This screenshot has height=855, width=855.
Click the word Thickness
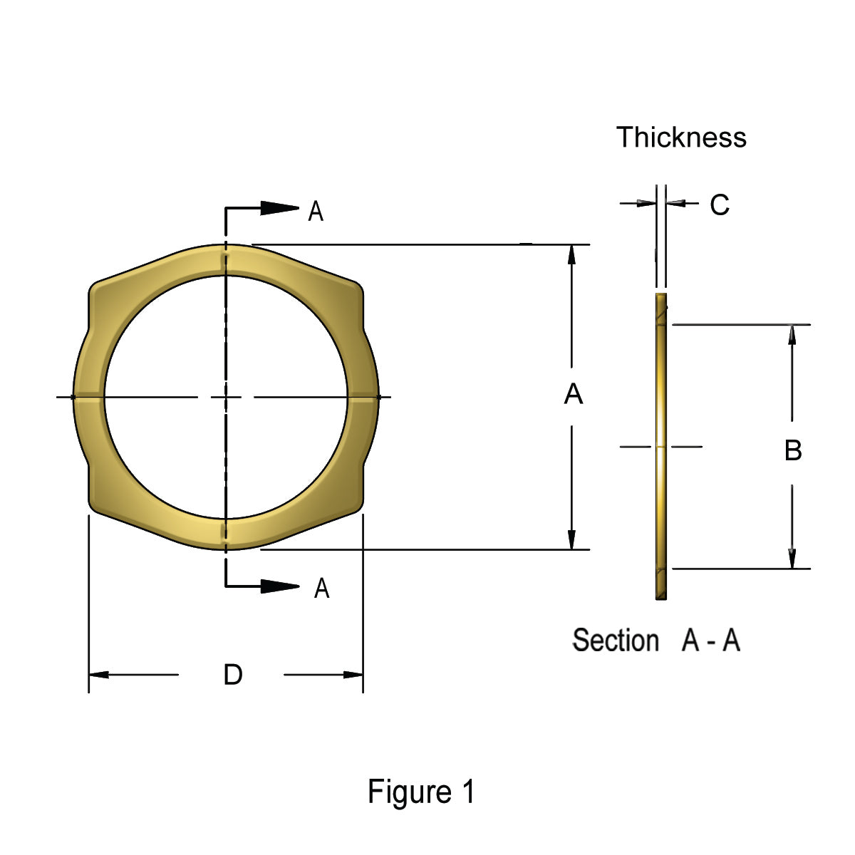pyautogui.click(x=681, y=138)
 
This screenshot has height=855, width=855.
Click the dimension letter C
pyautogui.click(x=720, y=205)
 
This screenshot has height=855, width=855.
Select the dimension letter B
pyautogui.click(x=792, y=450)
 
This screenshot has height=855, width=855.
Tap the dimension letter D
pyautogui.click(x=233, y=674)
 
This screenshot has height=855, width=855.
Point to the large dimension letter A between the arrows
pyautogui.click(x=573, y=394)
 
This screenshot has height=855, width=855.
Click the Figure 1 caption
pyautogui.click(x=420, y=792)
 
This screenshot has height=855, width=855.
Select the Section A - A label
pyautogui.click(x=656, y=641)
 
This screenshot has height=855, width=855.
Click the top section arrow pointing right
pyautogui.click(x=279, y=208)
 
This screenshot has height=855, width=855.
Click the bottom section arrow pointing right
pyautogui.click(x=279, y=586)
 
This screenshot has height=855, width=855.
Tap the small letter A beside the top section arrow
pyautogui.click(x=316, y=212)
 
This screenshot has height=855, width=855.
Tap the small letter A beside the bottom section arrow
pyautogui.click(x=322, y=589)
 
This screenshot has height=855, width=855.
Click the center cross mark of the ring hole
pyautogui.click(x=226, y=396)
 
